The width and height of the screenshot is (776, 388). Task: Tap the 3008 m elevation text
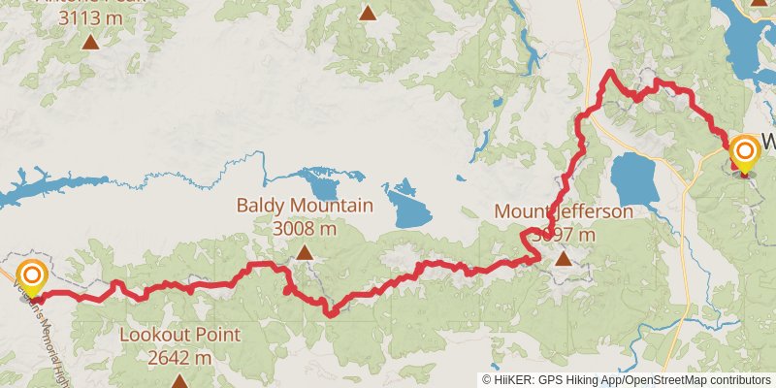(x=305, y=229)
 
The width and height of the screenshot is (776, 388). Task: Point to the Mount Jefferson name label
(x=563, y=211)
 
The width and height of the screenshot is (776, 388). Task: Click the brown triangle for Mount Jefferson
(x=565, y=258)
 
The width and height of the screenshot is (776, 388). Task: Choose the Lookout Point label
(x=179, y=336)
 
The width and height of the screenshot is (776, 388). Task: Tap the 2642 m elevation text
(x=179, y=358)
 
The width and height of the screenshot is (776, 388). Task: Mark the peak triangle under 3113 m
(x=90, y=42)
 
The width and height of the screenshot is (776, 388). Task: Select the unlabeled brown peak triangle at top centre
(x=367, y=13)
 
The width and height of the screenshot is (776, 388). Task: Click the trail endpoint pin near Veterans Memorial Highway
(x=31, y=276)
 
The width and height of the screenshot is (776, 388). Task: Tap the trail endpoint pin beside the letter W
(x=745, y=152)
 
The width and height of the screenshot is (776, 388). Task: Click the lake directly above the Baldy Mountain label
(x=317, y=182)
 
